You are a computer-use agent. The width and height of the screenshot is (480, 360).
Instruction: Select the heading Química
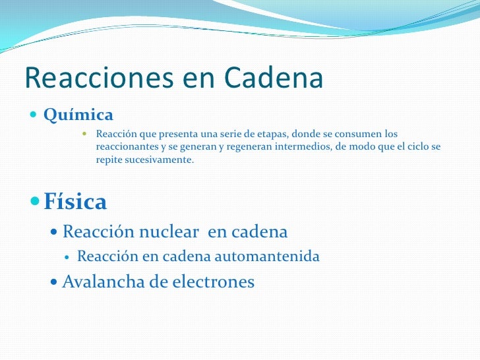click(x=78, y=115)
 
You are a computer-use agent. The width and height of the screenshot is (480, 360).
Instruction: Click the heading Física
click(x=75, y=202)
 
